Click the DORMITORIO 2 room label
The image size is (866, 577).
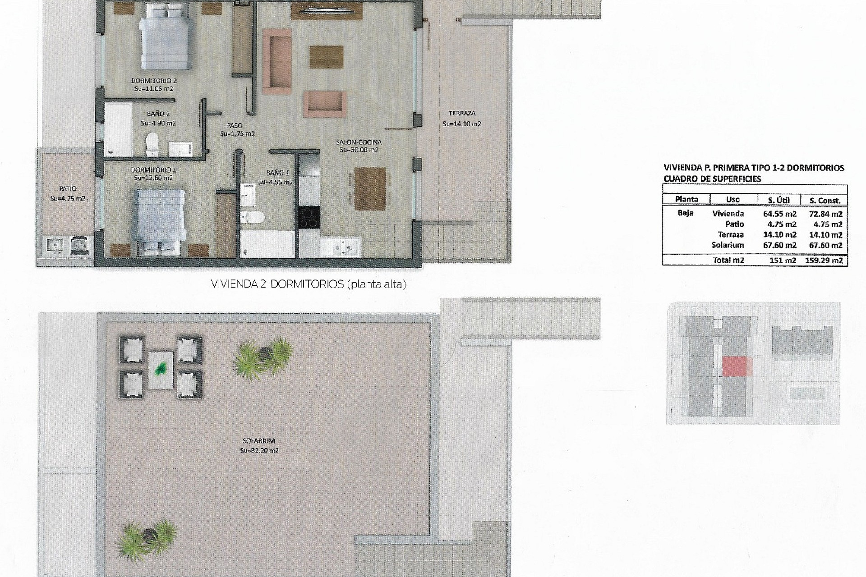[153, 81]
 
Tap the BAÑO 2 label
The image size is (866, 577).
[158, 114]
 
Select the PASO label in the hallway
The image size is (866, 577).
[235, 126]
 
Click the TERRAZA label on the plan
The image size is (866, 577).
[462, 114]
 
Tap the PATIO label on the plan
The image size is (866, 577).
[68, 189]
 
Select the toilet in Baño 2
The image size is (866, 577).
[152, 143]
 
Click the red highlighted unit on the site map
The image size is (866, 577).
[737, 366]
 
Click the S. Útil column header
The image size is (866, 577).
[778, 200]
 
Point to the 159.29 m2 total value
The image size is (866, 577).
[824, 261]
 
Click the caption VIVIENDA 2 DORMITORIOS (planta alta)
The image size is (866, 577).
[309, 284]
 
